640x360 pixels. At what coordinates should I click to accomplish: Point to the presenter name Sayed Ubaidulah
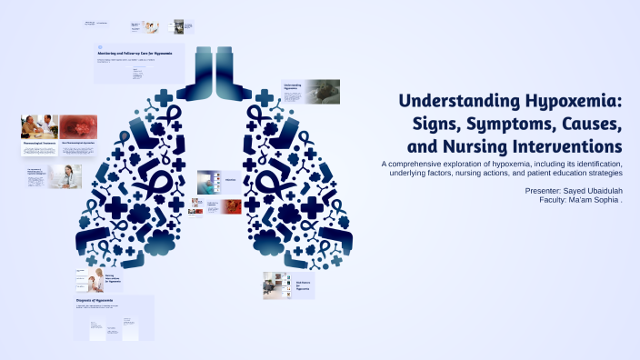pyautogui.click(x=592, y=190)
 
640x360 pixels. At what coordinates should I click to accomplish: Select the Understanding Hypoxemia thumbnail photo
pyautogui.click(x=323, y=91)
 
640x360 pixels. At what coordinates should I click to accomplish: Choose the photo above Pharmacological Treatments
pyautogui.click(x=39, y=125)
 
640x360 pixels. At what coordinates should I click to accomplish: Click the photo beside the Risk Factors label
pyautogui.click(x=276, y=285)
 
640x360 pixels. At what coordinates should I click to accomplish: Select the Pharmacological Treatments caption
pyautogui.click(x=39, y=143)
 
